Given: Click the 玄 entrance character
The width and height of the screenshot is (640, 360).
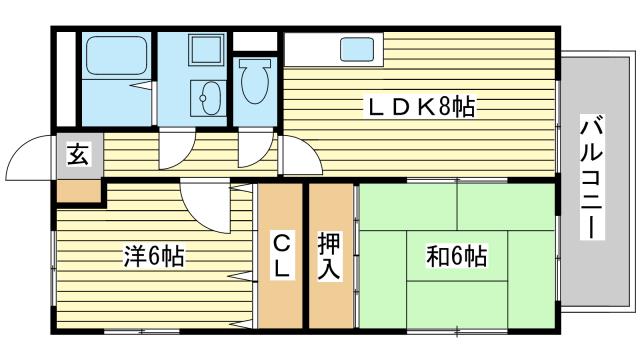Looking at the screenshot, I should (78, 155).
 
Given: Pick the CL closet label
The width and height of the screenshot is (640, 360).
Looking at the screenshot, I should (281, 255).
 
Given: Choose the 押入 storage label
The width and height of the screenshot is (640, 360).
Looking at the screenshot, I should (329, 255).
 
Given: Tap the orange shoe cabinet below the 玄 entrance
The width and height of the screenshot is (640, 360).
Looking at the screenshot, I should (78, 192).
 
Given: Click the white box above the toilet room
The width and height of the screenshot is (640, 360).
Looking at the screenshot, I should (254, 41).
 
